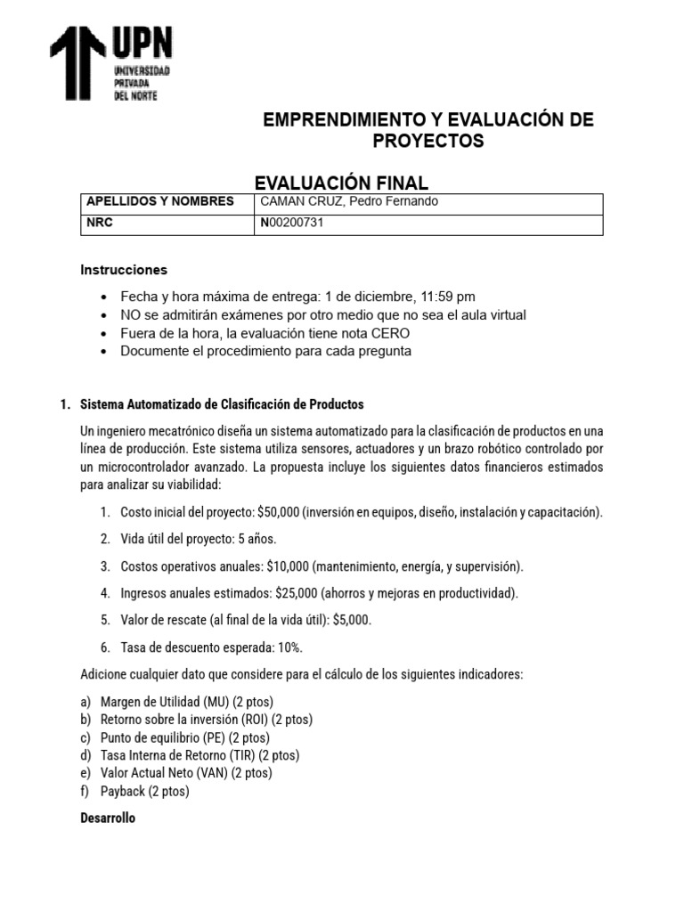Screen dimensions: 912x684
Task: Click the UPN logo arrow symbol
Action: click(x=78, y=62)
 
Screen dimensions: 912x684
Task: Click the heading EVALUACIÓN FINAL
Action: click(x=341, y=183)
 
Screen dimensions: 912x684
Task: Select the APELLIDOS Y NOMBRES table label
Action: click(x=159, y=201)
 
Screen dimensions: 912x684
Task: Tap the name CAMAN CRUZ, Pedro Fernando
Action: click(x=348, y=201)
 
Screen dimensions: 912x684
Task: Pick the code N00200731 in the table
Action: click(x=291, y=223)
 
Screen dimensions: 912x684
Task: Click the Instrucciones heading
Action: click(x=124, y=270)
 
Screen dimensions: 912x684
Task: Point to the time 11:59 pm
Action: click(x=455, y=296)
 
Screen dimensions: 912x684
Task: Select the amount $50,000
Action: click(x=279, y=512)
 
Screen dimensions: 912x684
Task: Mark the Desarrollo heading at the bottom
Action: click(x=108, y=818)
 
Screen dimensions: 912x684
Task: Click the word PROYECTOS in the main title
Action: click(x=427, y=142)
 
